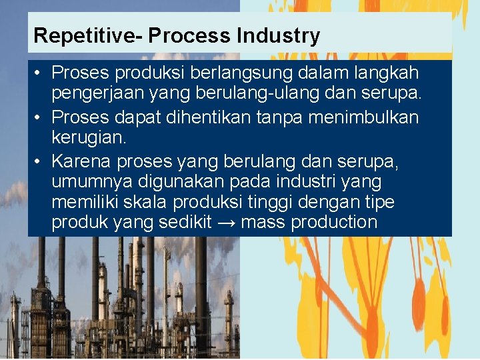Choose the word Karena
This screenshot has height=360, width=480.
coord(81,161)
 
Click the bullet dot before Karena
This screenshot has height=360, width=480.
coord(39,161)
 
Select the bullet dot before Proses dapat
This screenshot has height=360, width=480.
coord(39,118)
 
